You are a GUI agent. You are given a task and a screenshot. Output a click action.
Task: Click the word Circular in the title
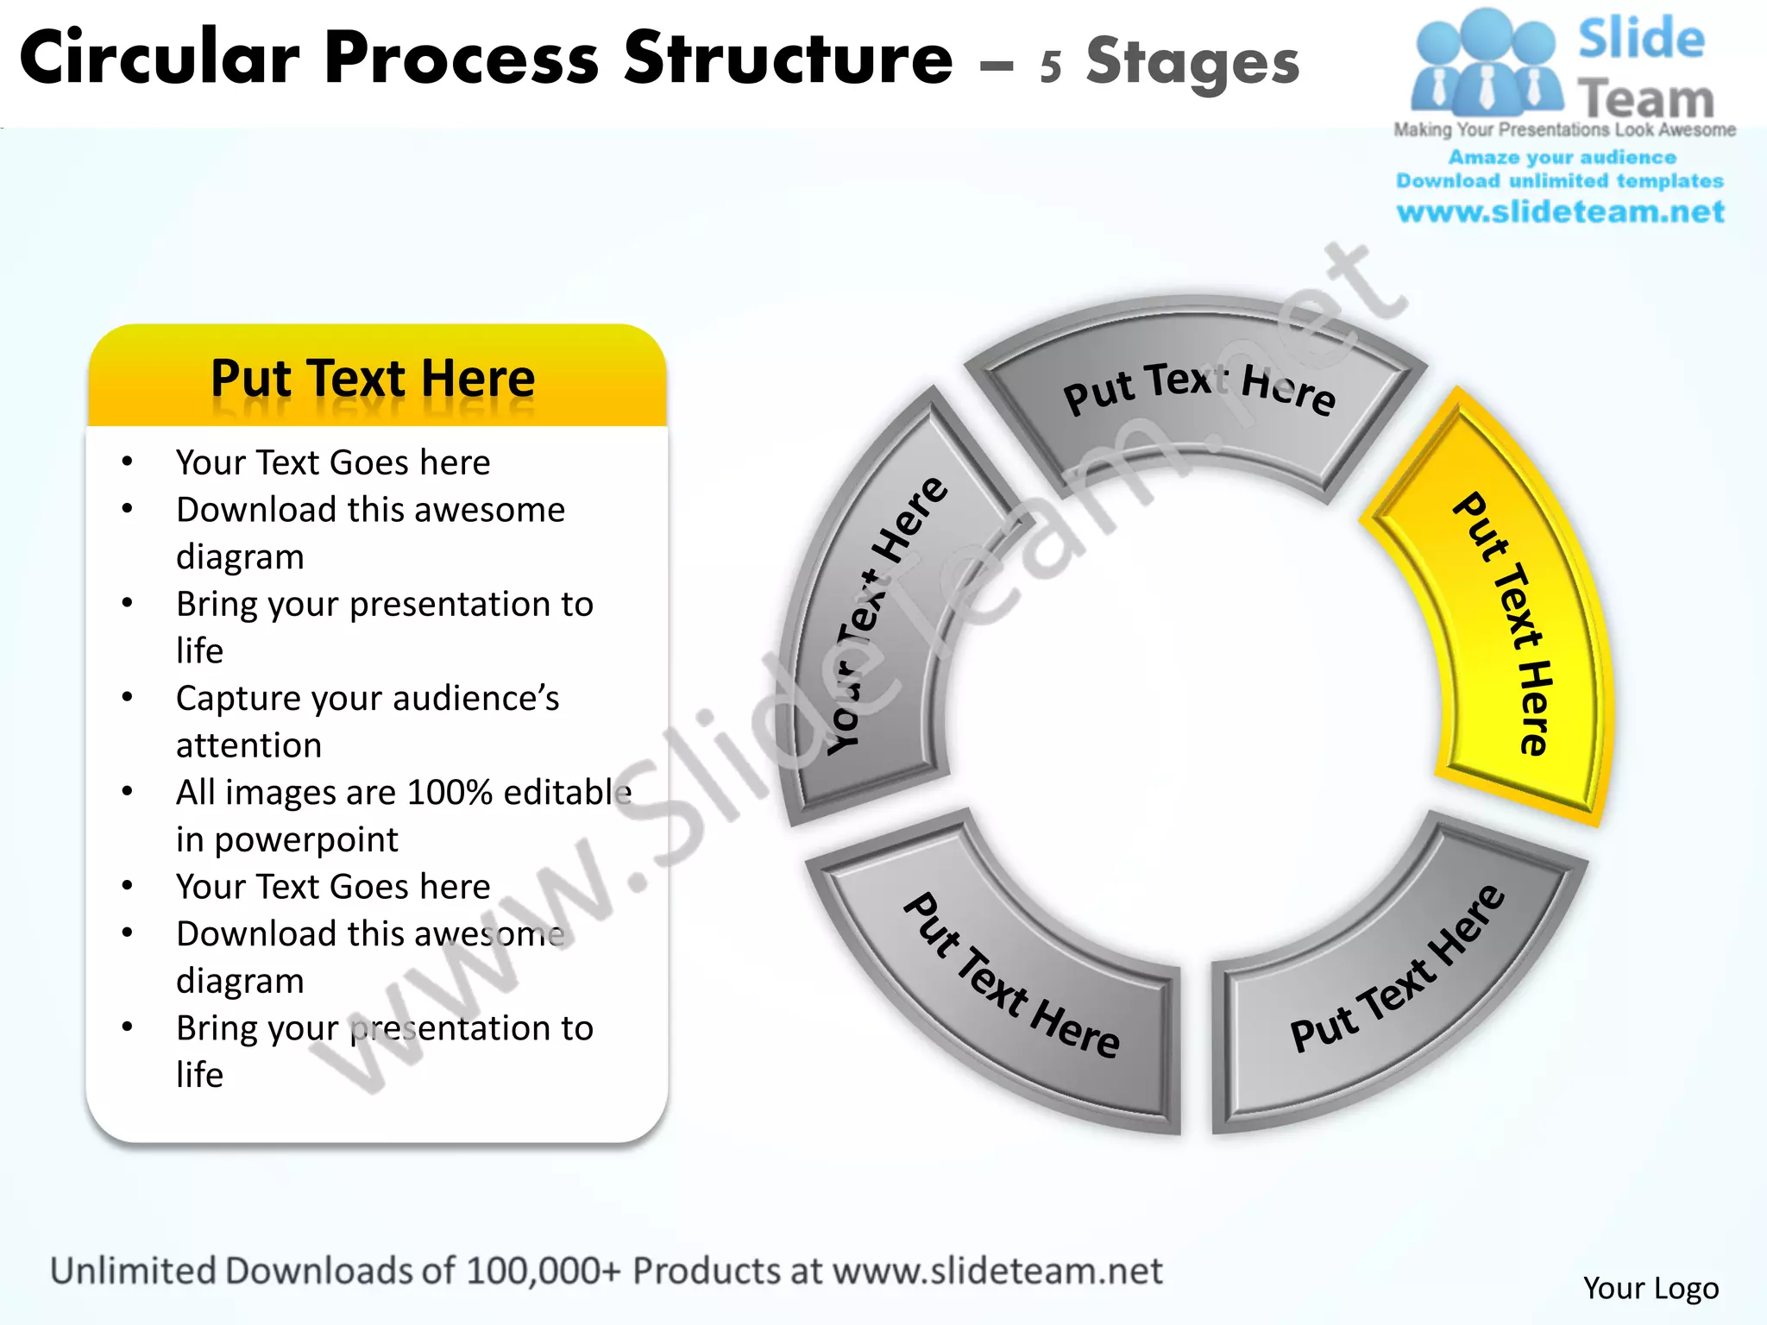(x=160, y=59)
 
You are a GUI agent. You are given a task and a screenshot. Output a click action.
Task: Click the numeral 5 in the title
(x=1050, y=66)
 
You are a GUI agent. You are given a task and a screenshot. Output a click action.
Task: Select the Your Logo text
(x=1651, y=1288)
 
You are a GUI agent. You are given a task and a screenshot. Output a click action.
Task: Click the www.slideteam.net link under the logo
(x=1560, y=211)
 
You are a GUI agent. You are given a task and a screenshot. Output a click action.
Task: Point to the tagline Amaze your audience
(x=1562, y=157)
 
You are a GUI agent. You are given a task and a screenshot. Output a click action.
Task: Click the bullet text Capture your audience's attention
(x=367, y=720)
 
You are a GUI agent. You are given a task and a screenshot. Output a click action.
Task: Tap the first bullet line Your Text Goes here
(x=332, y=462)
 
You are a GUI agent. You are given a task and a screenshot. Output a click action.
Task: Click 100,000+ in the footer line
(x=544, y=1271)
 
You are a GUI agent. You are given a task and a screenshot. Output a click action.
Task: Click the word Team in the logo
(x=1645, y=99)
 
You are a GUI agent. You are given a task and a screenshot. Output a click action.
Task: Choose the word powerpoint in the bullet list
(x=306, y=839)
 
